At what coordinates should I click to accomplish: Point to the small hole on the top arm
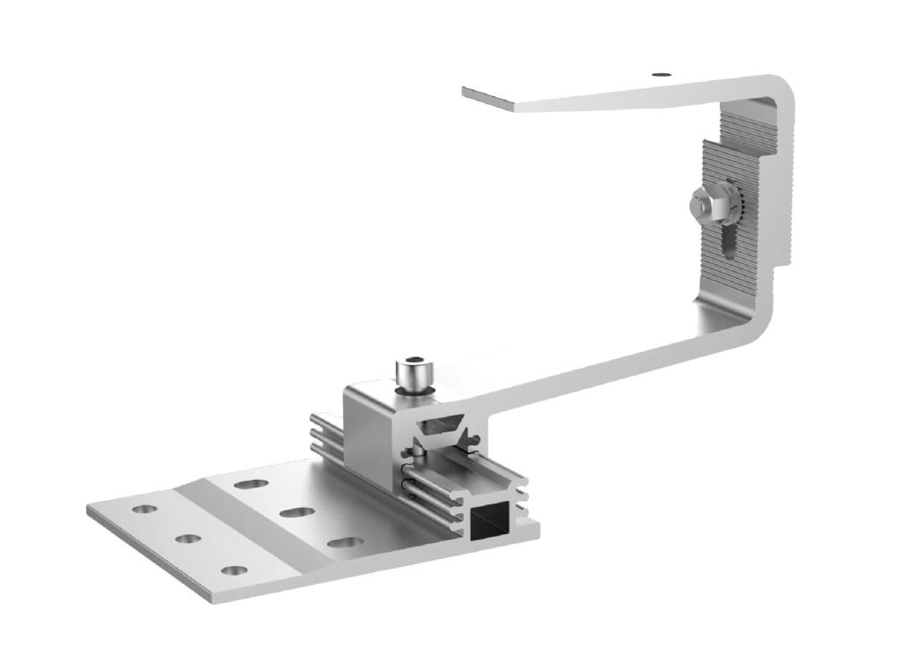(660, 75)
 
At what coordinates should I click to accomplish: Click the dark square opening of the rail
(488, 526)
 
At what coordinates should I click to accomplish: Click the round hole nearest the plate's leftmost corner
(141, 509)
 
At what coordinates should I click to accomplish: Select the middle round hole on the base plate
(187, 538)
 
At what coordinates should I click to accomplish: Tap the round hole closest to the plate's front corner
(234, 570)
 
